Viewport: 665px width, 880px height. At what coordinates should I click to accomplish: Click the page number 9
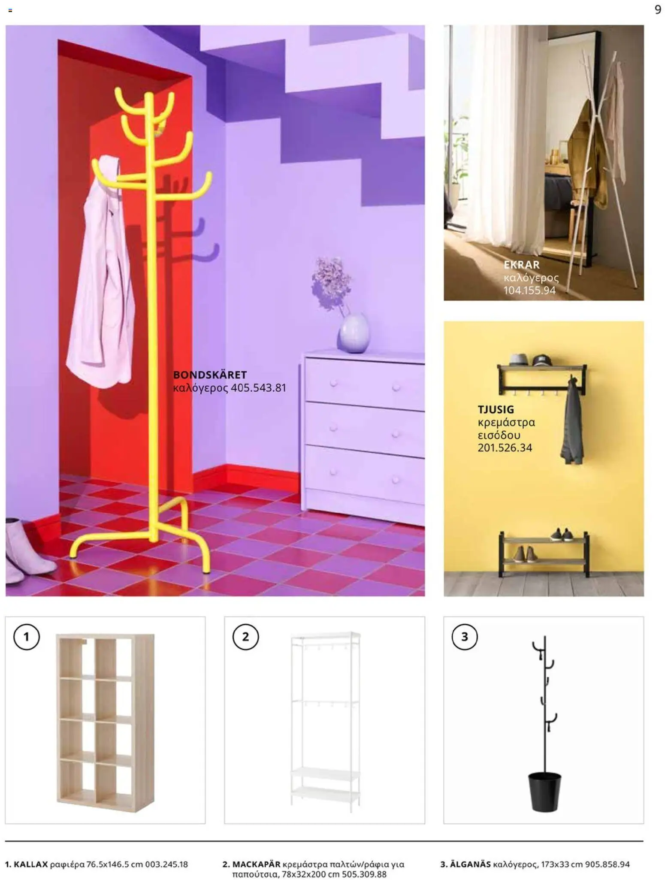coord(658,9)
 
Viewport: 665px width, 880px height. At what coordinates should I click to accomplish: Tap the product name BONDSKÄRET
coord(210,375)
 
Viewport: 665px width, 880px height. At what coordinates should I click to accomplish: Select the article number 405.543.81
coord(258,388)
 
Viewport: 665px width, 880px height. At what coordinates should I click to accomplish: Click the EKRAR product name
coord(521,265)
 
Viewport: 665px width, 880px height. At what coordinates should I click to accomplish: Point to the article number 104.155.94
coord(529,290)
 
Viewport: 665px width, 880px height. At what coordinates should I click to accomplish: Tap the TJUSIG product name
coord(496,409)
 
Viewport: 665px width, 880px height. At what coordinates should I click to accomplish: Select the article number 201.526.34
coord(505,448)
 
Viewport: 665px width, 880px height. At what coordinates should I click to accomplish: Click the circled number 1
coord(26,637)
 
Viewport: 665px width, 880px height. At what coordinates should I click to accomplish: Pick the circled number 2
coord(245,637)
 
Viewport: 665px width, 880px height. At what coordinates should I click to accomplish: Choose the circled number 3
coord(464,637)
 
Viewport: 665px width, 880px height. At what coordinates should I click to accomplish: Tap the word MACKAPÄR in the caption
coord(256,864)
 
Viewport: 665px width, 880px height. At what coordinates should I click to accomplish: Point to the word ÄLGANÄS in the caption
coord(470,864)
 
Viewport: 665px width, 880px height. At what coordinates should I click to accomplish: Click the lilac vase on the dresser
coord(354,333)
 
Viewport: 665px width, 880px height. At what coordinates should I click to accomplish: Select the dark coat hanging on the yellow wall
coord(572,425)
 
